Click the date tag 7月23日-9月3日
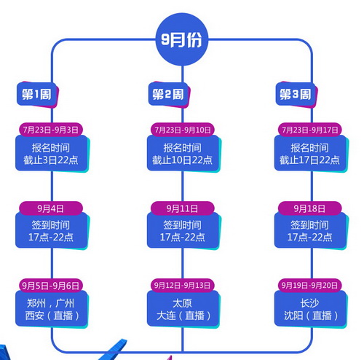[50, 130]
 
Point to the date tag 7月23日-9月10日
[182, 130]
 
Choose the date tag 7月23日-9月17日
[310, 130]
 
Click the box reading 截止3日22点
[50, 154]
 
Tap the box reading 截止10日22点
[182, 154]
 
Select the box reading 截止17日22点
[310, 154]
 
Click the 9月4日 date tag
[50, 207]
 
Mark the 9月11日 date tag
[182, 207]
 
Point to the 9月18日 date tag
[310, 207]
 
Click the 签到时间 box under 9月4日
[50, 231]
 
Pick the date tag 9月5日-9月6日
[50, 284]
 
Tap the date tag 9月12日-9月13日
[182, 284]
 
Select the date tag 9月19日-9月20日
[310, 284]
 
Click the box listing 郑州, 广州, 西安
[50, 308]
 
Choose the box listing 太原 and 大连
[182, 308]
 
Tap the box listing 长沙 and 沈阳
[310, 308]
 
